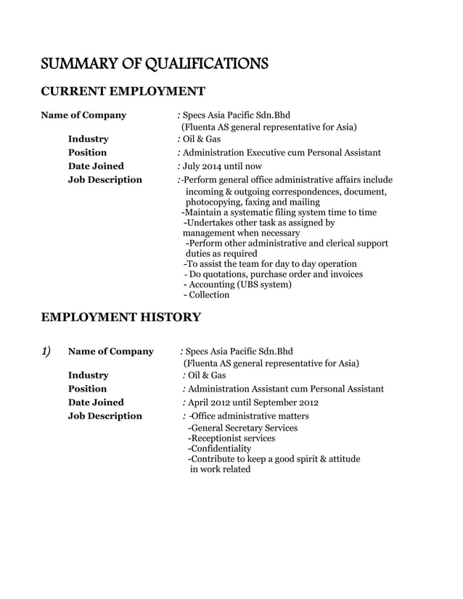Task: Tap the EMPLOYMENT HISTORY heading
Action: pos(120,317)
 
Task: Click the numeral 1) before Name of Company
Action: pos(46,352)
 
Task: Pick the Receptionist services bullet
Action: pos(231,438)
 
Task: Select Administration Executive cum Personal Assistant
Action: pos(282,152)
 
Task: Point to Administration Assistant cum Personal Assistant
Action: pos(285,389)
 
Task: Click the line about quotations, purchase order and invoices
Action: pos(274,274)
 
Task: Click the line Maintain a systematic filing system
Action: pos(279,212)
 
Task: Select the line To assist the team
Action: pos(270,264)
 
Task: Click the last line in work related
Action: pos(220,469)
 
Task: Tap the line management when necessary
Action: pos(241,234)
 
